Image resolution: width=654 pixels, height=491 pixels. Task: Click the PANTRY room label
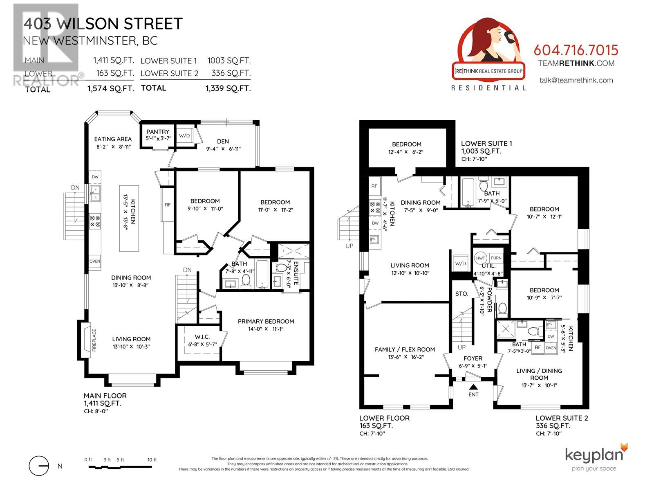pos(158,131)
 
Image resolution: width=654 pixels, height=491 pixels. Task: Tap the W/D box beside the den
pos(184,135)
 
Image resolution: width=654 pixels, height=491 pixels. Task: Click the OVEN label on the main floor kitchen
pos(94,261)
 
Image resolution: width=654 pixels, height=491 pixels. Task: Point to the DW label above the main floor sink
pos(95,177)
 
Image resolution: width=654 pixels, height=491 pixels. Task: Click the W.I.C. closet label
pos(202,337)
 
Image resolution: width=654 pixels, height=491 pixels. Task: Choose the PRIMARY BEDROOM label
pos(266,321)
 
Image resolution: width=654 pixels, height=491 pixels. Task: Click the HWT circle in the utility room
pos(480,258)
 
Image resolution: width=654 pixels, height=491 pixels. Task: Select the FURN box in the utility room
pos(496,258)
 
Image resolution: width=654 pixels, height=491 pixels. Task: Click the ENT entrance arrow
pos(473,387)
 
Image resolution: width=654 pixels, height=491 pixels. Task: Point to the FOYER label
pos(473,358)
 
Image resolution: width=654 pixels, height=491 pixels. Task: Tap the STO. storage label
pos(461,293)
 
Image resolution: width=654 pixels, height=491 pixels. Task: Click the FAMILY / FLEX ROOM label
pos(405,349)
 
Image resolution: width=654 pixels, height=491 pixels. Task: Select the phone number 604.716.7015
pos(576,50)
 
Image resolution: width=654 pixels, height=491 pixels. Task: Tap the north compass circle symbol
pos(39,466)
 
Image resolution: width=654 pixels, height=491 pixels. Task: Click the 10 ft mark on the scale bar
pos(152,460)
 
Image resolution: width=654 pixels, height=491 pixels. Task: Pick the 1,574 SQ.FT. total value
pos(110,88)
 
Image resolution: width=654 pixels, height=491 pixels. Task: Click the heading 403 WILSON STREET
pos(103,24)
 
